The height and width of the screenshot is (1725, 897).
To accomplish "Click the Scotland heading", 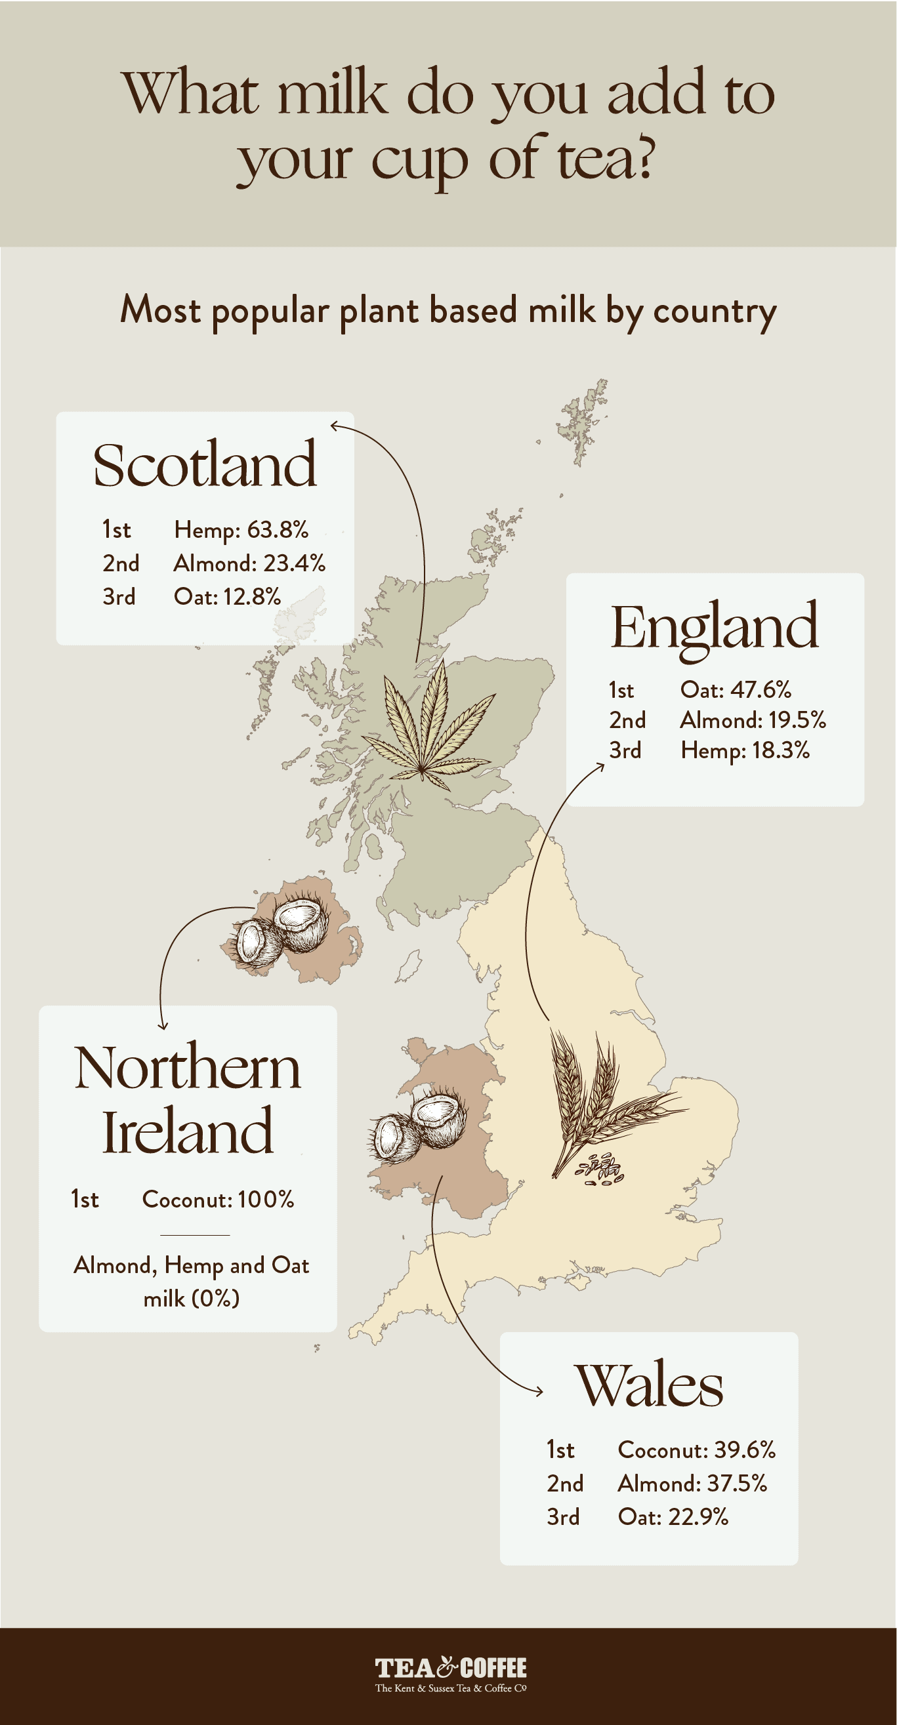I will pos(204,464).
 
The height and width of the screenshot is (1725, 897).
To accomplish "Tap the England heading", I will pos(714,626).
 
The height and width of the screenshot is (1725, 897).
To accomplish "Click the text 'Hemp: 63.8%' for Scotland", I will pos(241,530).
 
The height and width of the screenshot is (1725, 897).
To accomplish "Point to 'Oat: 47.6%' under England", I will pos(736,690).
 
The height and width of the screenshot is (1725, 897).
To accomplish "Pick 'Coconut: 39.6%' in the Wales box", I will pos(696,1450).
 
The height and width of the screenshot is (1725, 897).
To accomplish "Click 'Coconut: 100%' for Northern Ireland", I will pos(218,1200).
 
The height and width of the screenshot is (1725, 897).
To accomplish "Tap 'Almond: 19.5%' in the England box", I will pos(752,720).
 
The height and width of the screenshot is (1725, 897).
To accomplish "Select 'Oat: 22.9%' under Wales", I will pos(673,1516).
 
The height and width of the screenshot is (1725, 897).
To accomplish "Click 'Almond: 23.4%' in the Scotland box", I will pos(249,563).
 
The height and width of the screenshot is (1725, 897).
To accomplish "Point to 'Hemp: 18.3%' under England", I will pos(745,750).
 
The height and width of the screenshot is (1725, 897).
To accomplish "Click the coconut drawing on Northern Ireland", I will pos(282,927).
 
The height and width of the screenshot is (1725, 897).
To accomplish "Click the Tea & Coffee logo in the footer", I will pos(450,1674).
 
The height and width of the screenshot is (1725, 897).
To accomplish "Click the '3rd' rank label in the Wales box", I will pos(563,1516).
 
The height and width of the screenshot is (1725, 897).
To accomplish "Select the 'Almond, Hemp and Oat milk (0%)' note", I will pos(192,1282).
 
